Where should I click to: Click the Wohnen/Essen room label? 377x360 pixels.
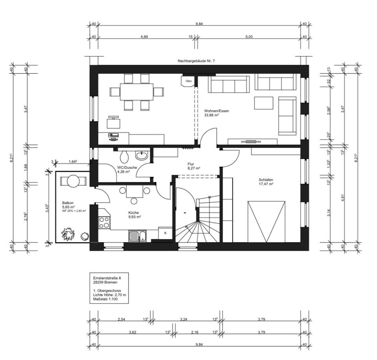tap(216, 113)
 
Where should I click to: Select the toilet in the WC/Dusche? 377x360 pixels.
tap(124, 156)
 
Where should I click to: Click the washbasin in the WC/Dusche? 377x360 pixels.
tap(142, 155)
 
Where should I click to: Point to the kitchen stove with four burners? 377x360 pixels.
tap(104, 222)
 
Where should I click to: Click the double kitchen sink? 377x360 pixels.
tap(137, 236)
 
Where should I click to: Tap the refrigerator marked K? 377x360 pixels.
tap(165, 233)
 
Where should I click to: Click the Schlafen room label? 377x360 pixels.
tap(266, 182)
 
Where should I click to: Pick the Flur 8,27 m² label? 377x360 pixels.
tap(194, 166)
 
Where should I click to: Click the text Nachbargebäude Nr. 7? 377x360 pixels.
tap(196, 61)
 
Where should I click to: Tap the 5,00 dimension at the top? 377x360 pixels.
tap(249, 37)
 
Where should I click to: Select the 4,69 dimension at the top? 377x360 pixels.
tap(144, 37)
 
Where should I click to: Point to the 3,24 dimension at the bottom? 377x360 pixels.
tap(184, 320)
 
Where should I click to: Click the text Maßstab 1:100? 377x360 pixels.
tap(105, 299)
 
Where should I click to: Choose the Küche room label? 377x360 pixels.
tap(134, 215)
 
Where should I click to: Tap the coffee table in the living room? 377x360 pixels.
tap(264, 103)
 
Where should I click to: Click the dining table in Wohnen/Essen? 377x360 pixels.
tap(137, 92)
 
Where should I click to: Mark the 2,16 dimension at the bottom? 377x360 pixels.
tap(195, 333)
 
